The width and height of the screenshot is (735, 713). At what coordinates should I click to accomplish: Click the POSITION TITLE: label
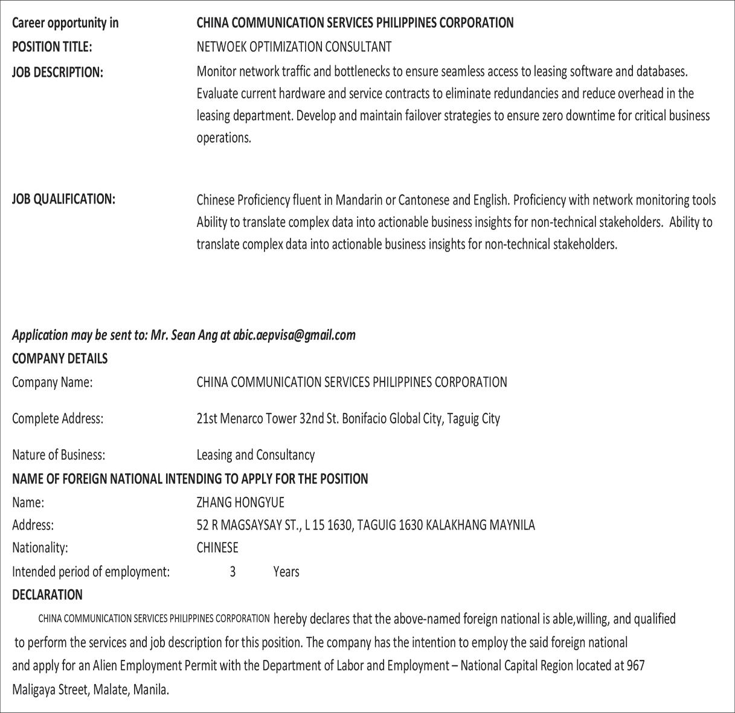pos(52,47)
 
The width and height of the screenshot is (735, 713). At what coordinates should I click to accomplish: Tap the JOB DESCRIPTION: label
pos(57,72)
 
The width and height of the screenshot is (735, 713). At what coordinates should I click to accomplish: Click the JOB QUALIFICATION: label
pos(63,199)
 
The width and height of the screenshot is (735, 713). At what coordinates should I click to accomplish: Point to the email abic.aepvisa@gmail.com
pos(294,335)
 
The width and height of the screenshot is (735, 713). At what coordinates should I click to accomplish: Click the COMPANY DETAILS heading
pos(60,359)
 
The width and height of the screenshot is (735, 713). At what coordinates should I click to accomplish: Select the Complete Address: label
pos(57,418)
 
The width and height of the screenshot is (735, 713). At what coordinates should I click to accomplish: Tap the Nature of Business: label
pos(59,455)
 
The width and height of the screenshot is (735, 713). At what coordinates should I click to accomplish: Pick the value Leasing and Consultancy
pos(255,455)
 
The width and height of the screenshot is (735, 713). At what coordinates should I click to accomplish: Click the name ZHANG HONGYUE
pos(240,502)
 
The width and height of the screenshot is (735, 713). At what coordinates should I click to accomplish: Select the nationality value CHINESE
pos(217,548)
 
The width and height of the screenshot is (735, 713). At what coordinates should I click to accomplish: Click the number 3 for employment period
pos(233,572)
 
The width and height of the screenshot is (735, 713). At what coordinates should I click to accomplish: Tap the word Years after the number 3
pos(286,572)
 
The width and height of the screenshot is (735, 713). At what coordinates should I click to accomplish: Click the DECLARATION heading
pos(47,595)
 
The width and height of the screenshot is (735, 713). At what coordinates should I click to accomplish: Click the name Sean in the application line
pos(183,335)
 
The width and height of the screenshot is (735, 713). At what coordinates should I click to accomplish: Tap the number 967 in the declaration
pos(635,666)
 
